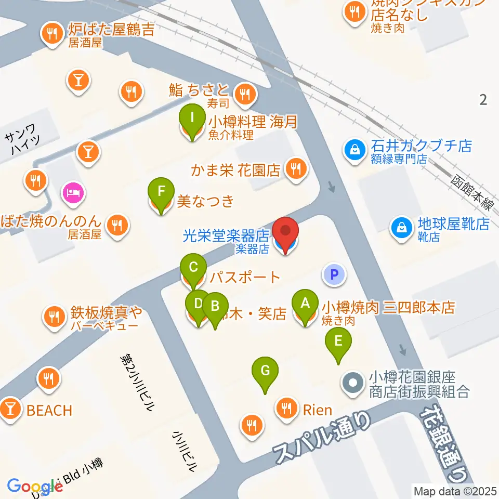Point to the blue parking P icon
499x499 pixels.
point(334,274)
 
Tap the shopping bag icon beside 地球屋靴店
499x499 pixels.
point(402,225)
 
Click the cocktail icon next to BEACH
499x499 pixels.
point(10,409)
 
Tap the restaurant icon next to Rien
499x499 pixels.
point(286,407)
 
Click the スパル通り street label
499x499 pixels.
point(322,437)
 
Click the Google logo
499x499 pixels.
point(34,487)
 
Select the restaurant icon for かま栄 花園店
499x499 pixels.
point(296,168)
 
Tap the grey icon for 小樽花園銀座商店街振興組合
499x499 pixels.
point(352,384)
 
